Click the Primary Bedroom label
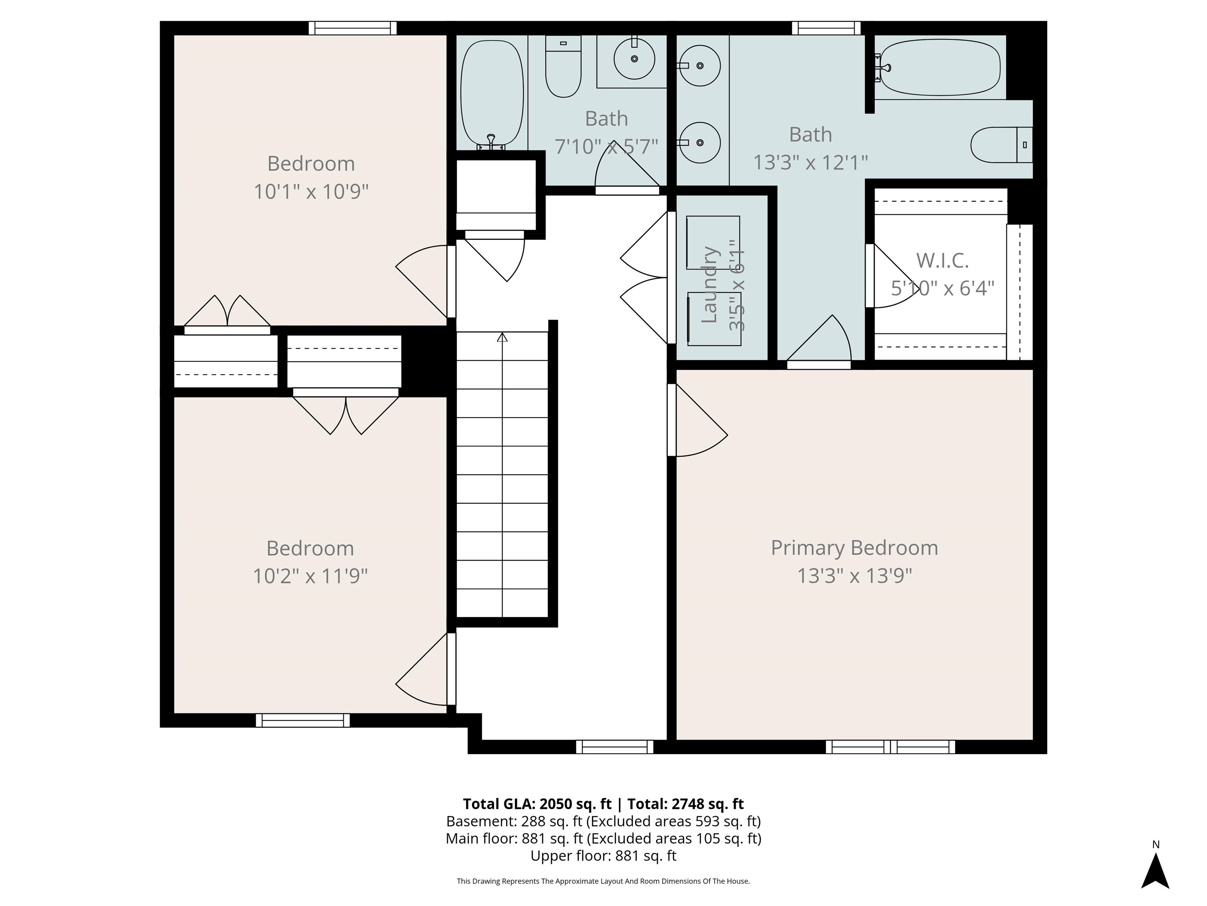coord(854,548)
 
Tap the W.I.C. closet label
coord(942,260)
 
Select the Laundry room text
coord(709,285)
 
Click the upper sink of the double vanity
coord(700,66)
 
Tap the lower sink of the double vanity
coord(700,142)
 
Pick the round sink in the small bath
coord(634,59)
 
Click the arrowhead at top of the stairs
coord(502,337)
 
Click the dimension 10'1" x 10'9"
coord(311,192)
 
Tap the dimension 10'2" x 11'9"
coord(310,576)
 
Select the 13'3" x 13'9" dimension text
coord(854,576)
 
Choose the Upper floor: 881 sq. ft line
coord(603,856)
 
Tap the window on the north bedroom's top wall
coord(352,28)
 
